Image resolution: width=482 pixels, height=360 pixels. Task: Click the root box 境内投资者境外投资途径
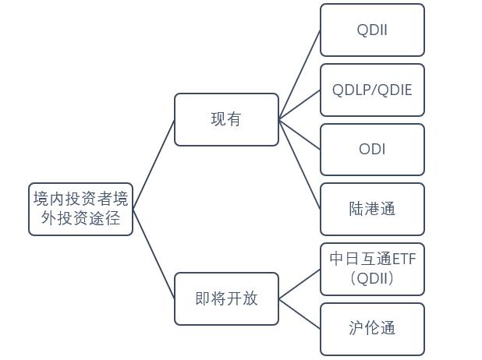(80, 209)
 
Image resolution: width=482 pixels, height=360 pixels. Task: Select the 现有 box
(226, 119)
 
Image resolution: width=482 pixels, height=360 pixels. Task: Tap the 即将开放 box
(226, 298)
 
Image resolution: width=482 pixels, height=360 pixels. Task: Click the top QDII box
(372, 30)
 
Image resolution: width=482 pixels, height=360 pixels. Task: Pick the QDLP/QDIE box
(372, 90)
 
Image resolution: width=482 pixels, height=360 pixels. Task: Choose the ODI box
(372, 149)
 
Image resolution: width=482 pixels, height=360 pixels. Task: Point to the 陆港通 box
(372, 209)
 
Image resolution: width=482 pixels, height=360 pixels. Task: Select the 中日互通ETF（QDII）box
(372, 269)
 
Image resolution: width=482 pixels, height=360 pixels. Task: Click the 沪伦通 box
(372, 328)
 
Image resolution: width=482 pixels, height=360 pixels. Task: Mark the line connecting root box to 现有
(154, 164)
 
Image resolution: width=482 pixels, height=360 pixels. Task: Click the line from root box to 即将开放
(154, 254)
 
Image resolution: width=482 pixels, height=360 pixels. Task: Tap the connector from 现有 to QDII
(299, 75)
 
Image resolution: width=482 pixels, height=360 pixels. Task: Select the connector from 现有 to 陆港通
(299, 164)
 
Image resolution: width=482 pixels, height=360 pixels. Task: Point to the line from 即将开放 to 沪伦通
(299, 313)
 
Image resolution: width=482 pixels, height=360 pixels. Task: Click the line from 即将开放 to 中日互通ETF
(299, 284)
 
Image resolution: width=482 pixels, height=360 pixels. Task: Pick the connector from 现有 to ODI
(299, 134)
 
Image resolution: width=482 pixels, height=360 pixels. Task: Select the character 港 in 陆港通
(372, 209)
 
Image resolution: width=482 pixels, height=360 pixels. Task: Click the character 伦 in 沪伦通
(372, 328)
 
